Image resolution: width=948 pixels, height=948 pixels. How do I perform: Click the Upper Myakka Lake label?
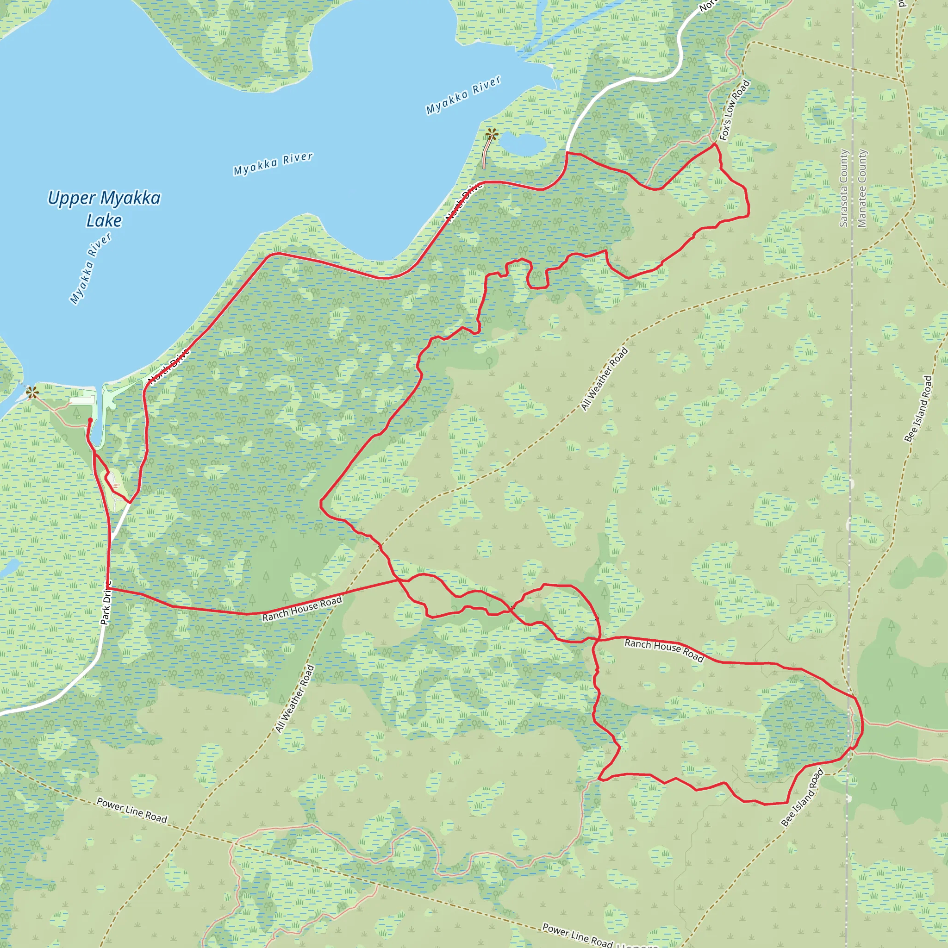tap(104, 209)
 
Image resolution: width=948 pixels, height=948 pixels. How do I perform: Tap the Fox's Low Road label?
tap(735, 111)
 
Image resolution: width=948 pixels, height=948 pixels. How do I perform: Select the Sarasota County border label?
tap(843, 188)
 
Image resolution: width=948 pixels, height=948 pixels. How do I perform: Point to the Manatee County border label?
tap(862, 188)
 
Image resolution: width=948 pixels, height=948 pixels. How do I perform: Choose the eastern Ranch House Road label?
tap(664, 650)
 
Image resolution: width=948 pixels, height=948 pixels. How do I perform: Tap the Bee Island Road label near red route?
tap(802, 798)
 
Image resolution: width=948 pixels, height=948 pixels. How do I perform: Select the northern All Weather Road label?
tap(605, 379)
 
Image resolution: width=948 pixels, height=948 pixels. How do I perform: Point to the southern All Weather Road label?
tap(294, 699)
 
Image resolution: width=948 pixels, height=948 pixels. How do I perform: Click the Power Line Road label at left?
tap(132, 810)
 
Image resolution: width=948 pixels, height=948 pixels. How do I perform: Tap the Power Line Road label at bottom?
tap(578, 935)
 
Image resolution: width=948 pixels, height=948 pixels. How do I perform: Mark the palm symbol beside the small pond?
tap(492, 134)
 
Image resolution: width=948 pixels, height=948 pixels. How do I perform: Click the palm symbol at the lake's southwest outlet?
tap(32, 393)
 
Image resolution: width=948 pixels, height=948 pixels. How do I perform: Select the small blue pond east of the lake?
tap(523, 144)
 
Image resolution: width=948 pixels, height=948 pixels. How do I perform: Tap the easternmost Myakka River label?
tap(463, 95)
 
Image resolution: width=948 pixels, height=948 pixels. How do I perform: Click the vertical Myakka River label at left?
tap(91, 268)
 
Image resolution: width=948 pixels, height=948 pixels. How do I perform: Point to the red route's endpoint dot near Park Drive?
tap(90, 420)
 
